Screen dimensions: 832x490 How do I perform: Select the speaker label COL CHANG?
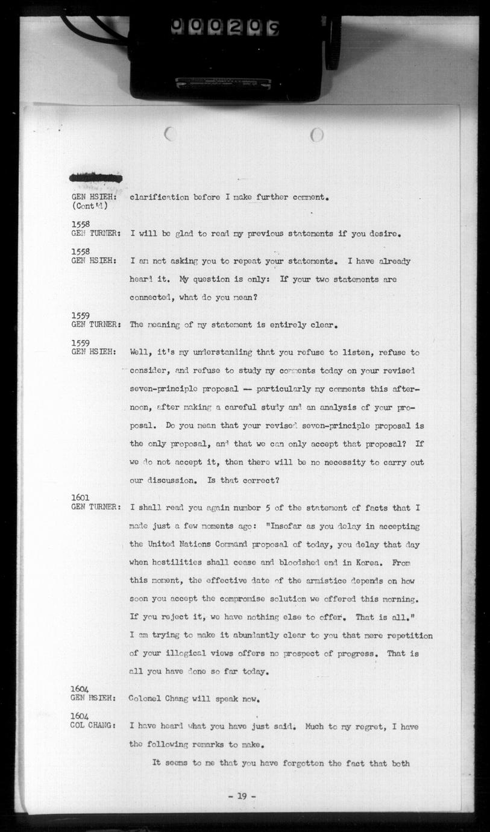point(93,726)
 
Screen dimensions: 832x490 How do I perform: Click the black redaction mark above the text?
point(96,177)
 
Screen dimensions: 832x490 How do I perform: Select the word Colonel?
point(147,699)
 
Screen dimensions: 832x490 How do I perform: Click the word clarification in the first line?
point(158,197)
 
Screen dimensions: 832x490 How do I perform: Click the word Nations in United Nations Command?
point(195,544)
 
